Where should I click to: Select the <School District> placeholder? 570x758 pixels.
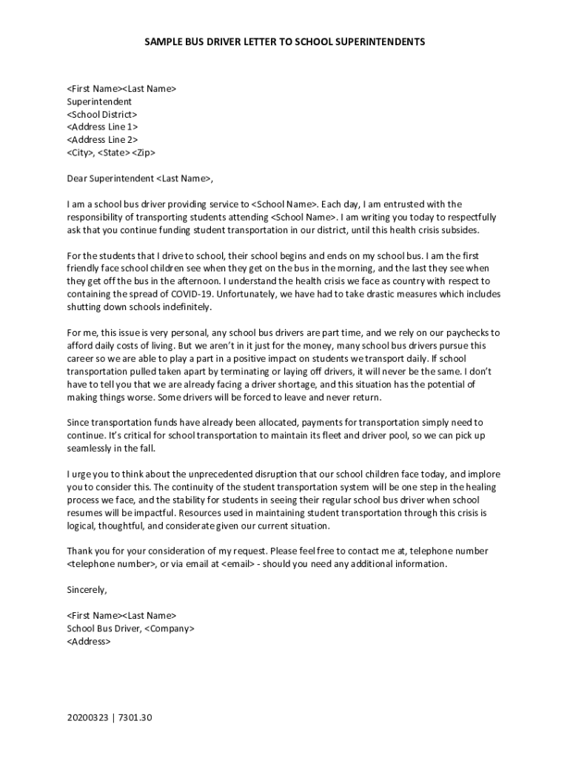tap(102, 115)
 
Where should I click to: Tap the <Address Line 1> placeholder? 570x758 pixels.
tap(102, 127)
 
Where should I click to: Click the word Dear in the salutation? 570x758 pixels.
tap(77, 178)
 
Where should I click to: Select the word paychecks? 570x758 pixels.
tap(466, 332)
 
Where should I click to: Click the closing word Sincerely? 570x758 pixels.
tap(87, 590)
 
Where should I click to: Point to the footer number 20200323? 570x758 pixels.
tap(87, 718)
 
